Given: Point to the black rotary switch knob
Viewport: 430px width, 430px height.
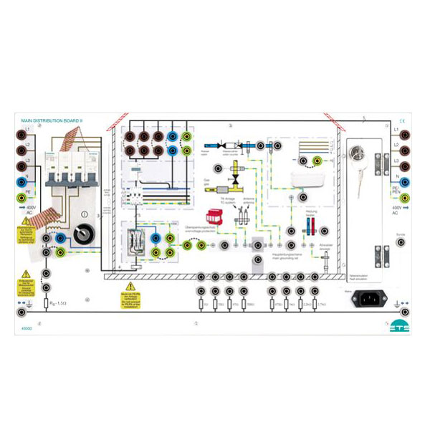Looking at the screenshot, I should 83,233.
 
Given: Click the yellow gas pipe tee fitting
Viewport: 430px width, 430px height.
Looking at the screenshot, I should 237,174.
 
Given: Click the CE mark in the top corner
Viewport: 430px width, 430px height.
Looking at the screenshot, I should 402,121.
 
